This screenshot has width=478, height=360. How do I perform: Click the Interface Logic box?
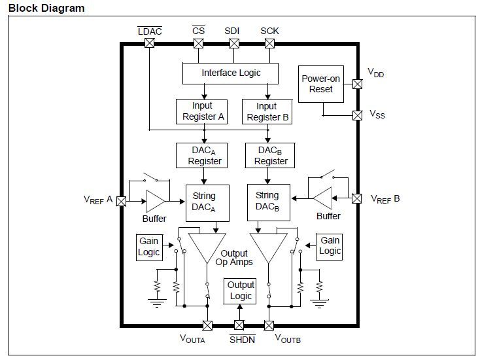230,73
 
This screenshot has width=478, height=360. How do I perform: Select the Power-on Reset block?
321,84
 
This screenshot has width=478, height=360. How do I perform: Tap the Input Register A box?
202,111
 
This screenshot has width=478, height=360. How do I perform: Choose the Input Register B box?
266,111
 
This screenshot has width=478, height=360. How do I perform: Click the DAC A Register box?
205,155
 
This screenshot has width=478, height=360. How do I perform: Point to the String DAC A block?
204,201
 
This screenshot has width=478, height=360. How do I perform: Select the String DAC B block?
267,201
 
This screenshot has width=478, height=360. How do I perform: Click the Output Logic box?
240,291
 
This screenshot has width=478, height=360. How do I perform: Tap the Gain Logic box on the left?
148,247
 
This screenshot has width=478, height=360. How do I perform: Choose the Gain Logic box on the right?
330,247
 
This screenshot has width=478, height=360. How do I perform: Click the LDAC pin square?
149,43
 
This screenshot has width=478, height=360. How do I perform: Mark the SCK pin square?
269,43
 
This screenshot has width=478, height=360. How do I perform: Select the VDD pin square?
358,84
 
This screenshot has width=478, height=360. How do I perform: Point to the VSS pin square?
358,115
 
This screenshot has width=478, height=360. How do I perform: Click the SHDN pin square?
240,325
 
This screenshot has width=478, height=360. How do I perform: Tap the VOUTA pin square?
207,325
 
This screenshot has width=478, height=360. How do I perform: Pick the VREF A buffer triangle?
156,201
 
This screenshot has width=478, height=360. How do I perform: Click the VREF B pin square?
358,198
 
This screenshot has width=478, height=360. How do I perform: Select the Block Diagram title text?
46,9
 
